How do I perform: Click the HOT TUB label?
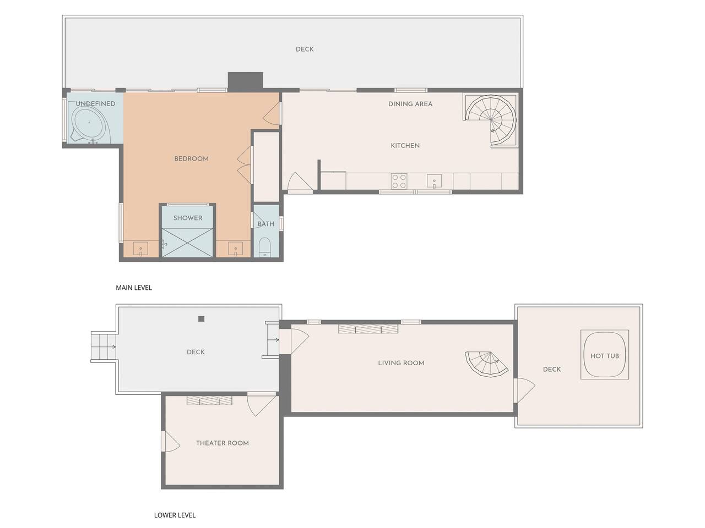(x=604, y=356)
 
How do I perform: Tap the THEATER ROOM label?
(x=223, y=443)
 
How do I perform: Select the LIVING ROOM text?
(x=401, y=363)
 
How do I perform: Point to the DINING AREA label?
(x=410, y=104)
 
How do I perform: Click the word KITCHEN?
(x=405, y=146)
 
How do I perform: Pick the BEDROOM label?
(x=192, y=159)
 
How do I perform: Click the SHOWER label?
(x=188, y=218)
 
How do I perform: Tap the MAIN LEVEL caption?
(x=134, y=288)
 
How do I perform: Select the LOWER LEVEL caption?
(x=175, y=515)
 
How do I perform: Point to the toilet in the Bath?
(x=265, y=247)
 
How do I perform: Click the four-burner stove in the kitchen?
(x=399, y=181)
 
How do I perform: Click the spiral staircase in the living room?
(x=486, y=365)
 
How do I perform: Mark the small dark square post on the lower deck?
(x=202, y=318)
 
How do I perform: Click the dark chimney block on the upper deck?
(x=246, y=81)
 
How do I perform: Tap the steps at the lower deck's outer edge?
(x=104, y=346)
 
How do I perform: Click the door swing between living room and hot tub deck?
(x=524, y=390)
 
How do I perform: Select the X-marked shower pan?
(x=188, y=243)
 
